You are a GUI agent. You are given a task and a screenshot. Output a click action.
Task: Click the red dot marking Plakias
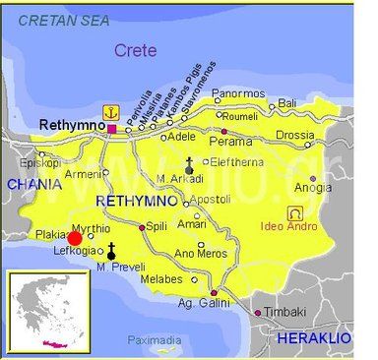tap(75, 237)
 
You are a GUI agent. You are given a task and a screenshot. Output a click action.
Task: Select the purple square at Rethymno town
tap(111, 128)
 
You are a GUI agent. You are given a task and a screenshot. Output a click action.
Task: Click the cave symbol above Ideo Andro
tap(293, 212)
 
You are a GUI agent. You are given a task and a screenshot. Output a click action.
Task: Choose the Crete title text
tap(135, 50)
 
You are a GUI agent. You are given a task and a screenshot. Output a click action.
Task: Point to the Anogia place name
tap(313, 188)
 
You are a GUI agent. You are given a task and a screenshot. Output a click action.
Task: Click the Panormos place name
tap(238, 93)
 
